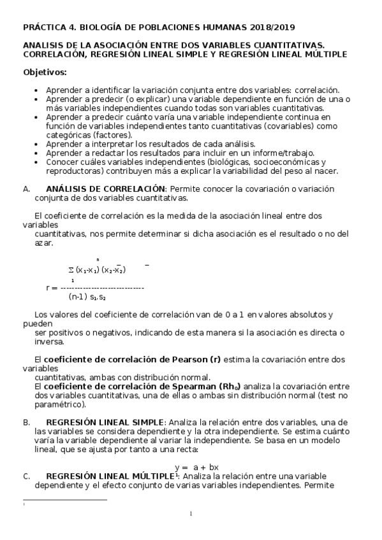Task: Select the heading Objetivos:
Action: (45, 72)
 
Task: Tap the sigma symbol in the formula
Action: (71, 269)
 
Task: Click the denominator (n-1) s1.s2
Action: (87, 297)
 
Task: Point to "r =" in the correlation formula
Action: (52, 288)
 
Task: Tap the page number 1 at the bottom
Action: (191, 515)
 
